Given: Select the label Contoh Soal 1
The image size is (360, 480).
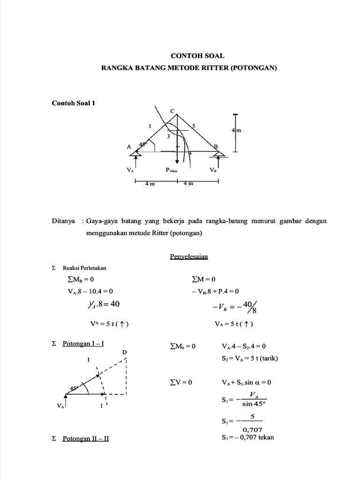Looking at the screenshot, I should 73,103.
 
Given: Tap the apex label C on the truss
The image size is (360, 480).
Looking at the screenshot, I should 172,111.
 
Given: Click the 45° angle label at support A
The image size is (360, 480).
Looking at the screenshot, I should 143,144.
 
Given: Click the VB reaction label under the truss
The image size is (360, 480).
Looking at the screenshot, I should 213,171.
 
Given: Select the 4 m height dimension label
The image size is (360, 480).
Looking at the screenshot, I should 236,131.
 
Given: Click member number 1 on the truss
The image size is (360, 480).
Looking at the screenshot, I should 150,126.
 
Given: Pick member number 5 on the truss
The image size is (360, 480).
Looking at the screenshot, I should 193,126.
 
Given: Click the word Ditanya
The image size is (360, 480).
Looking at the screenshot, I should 63,221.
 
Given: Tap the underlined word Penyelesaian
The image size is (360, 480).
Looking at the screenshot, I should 189,256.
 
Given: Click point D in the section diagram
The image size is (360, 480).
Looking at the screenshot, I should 125,352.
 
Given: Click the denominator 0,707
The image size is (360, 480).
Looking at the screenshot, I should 253,429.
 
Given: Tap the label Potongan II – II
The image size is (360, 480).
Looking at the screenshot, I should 85,439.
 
